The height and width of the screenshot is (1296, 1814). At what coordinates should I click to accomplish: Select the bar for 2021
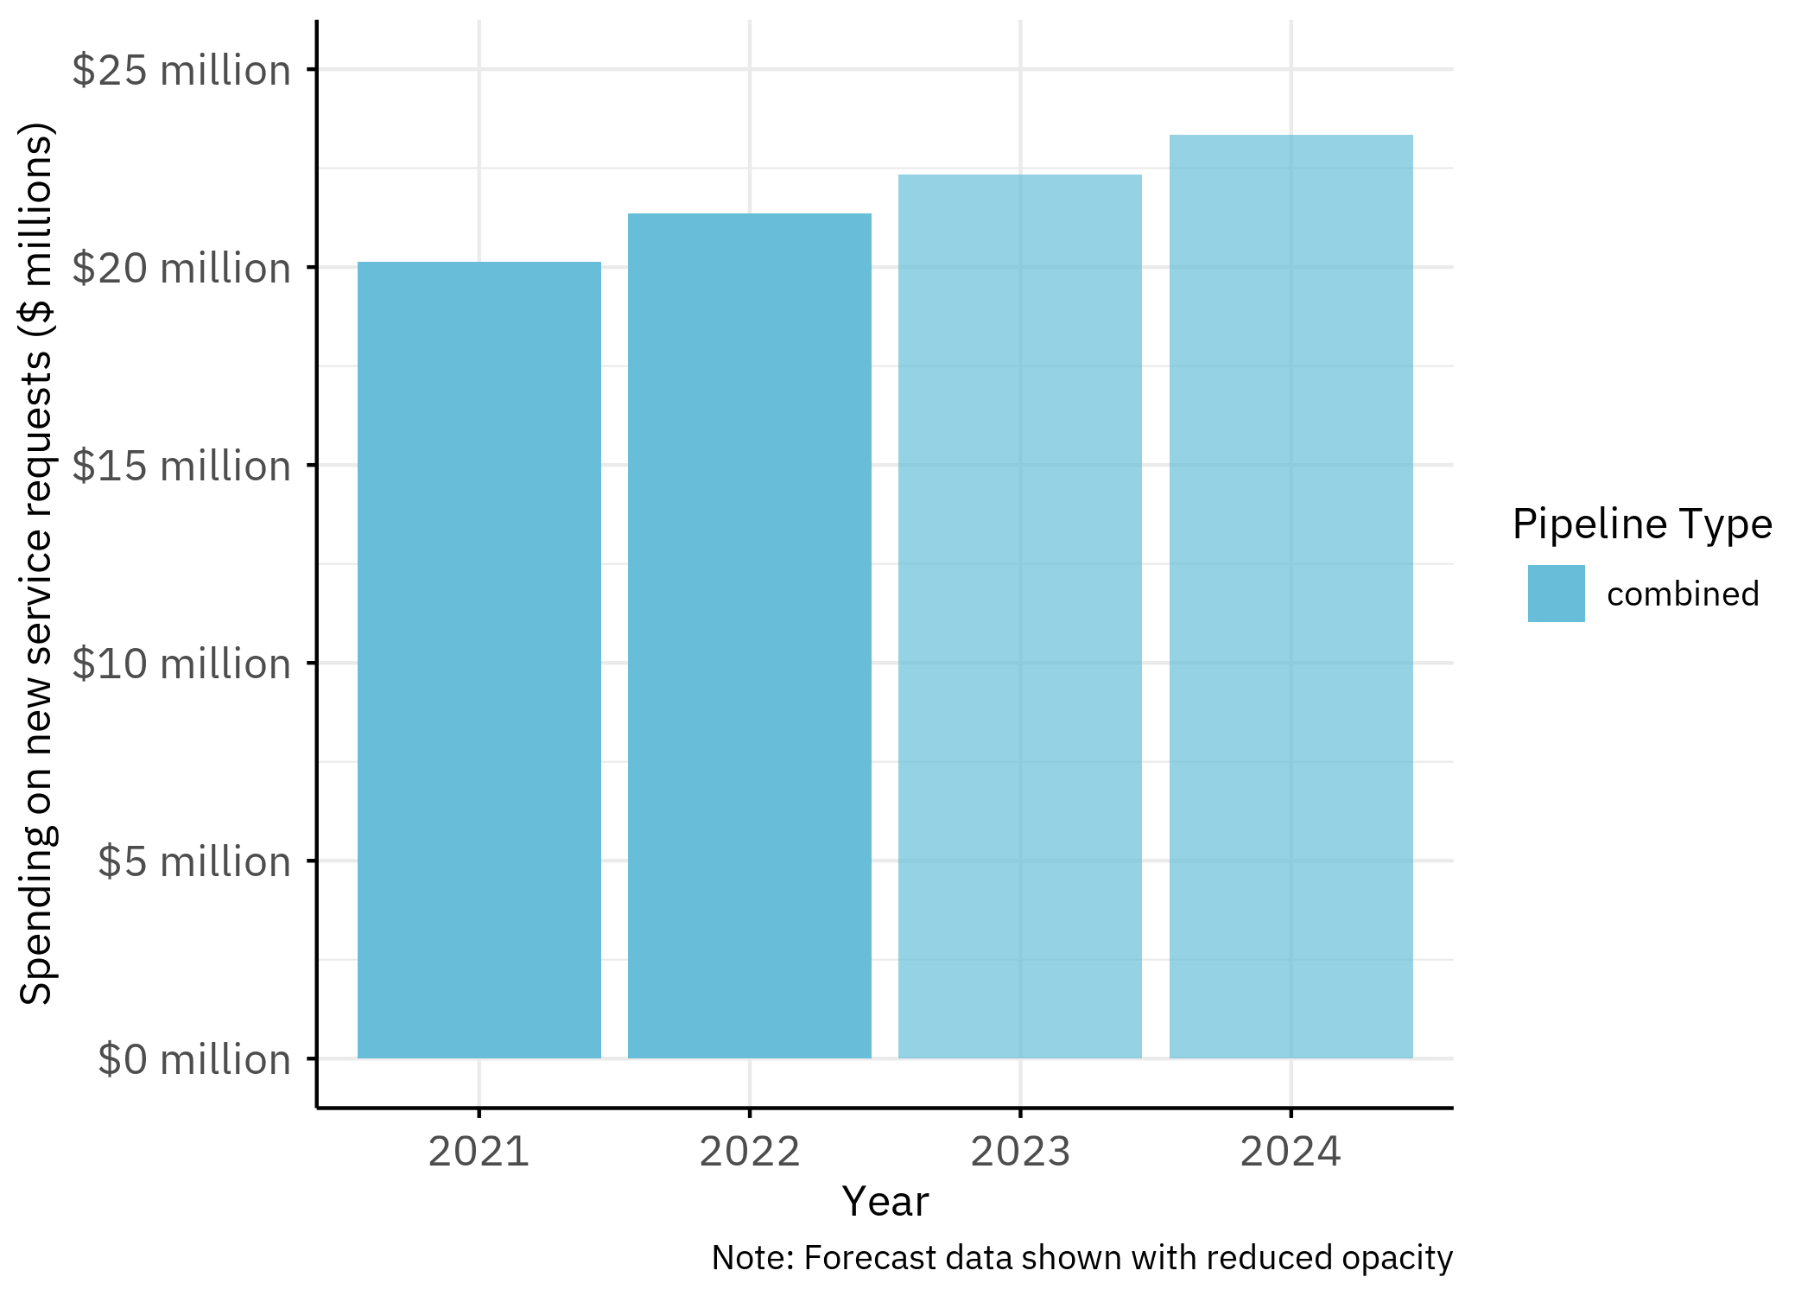click(479, 660)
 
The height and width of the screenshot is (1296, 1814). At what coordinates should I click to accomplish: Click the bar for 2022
click(749, 636)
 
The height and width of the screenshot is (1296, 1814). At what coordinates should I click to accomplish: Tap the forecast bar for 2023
click(1019, 617)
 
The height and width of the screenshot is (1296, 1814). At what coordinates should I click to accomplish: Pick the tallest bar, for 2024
click(1291, 596)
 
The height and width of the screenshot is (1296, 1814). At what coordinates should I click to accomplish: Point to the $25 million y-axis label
click(181, 70)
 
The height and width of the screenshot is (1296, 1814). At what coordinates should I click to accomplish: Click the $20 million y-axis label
click(181, 268)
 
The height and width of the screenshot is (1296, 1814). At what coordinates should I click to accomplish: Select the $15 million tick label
click(181, 466)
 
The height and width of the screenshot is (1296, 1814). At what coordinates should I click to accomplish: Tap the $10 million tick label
click(181, 664)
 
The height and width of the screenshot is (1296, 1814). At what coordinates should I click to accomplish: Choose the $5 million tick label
click(194, 861)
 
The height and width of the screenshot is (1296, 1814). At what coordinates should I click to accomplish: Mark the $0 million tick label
click(194, 1059)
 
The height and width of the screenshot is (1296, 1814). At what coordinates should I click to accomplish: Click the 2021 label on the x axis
click(479, 1152)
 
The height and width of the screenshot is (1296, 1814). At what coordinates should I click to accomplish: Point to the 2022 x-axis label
click(749, 1152)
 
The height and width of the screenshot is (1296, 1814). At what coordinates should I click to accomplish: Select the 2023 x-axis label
click(1020, 1152)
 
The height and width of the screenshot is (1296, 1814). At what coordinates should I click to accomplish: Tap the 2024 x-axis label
click(1291, 1152)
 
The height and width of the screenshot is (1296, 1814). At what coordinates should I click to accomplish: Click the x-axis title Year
click(885, 1201)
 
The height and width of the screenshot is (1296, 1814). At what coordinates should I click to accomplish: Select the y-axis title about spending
click(36, 563)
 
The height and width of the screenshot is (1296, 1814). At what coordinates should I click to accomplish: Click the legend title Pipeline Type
click(1642, 524)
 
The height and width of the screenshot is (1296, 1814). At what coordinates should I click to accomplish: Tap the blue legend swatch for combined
click(1556, 594)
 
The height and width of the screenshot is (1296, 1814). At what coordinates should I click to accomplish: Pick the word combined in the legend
click(1683, 594)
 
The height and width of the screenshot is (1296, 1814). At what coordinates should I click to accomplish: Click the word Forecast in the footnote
click(859, 1258)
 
